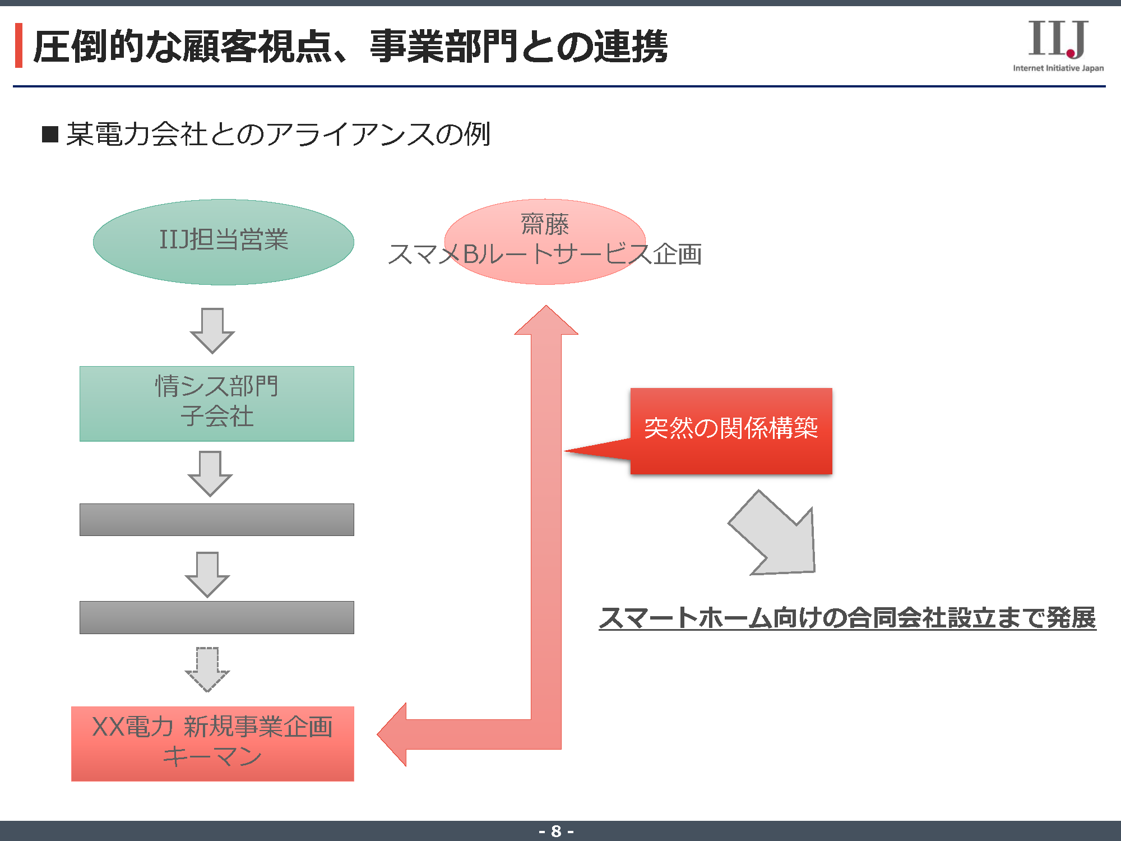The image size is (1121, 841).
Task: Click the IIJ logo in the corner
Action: [1058, 39]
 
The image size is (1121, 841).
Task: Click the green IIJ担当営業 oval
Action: [223, 242]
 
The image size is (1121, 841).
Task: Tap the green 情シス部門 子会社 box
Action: [216, 403]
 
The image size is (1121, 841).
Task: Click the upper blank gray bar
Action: [216, 519]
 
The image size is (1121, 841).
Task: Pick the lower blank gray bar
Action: [216, 617]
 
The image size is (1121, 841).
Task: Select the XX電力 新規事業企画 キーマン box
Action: [212, 743]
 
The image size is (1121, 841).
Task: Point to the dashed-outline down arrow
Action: [207, 669]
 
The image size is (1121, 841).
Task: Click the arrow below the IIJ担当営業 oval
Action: [212, 330]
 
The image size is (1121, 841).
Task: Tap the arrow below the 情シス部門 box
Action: [210, 473]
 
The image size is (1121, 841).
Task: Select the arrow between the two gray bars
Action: [207, 574]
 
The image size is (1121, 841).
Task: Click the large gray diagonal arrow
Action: [776, 535]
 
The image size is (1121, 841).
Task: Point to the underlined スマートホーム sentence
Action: [847, 618]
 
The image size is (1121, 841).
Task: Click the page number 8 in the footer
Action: [556, 831]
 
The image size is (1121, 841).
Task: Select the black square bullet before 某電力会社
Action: [50, 135]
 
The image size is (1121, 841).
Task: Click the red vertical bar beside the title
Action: [18, 45]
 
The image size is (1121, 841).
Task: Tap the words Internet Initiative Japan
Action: [1058, 68]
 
